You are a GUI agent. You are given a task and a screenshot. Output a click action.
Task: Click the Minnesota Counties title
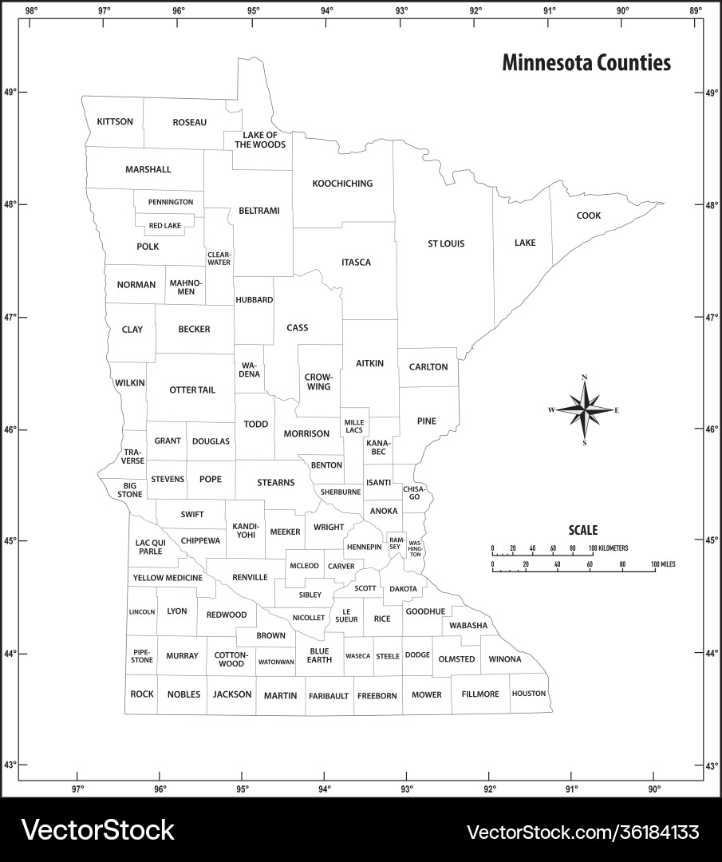(586, 63)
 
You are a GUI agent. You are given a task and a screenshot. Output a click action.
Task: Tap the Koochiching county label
(342, 184)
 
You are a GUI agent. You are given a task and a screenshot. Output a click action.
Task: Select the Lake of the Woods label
(260, 140)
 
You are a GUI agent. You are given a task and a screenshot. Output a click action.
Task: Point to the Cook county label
(589, 215)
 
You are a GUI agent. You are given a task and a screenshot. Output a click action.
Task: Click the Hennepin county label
(364, 547)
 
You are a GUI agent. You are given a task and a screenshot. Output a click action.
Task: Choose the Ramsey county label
(397, 543)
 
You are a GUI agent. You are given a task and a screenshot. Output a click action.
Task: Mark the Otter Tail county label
(192, 390)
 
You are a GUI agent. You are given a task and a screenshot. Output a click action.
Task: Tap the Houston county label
(529, 694)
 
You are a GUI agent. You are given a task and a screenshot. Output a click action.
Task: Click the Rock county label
(142, 694)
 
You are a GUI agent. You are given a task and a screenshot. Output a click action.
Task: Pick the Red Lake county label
(165, 226)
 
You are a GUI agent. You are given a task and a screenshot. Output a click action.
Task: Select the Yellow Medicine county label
(168, 577)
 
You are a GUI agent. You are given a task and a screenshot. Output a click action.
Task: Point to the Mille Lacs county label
(353, 426)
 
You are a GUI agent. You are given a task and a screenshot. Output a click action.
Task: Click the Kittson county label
(115, 122)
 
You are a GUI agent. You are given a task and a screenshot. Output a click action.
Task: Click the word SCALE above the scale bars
(582, 530)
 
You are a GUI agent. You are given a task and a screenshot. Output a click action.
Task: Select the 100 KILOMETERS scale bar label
(609, 548)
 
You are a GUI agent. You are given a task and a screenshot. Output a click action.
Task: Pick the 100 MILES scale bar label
(663, 564)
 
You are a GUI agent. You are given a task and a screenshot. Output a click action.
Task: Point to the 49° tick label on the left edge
(10, 93)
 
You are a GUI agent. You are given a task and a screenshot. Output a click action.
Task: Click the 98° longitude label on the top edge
(31, 10)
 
